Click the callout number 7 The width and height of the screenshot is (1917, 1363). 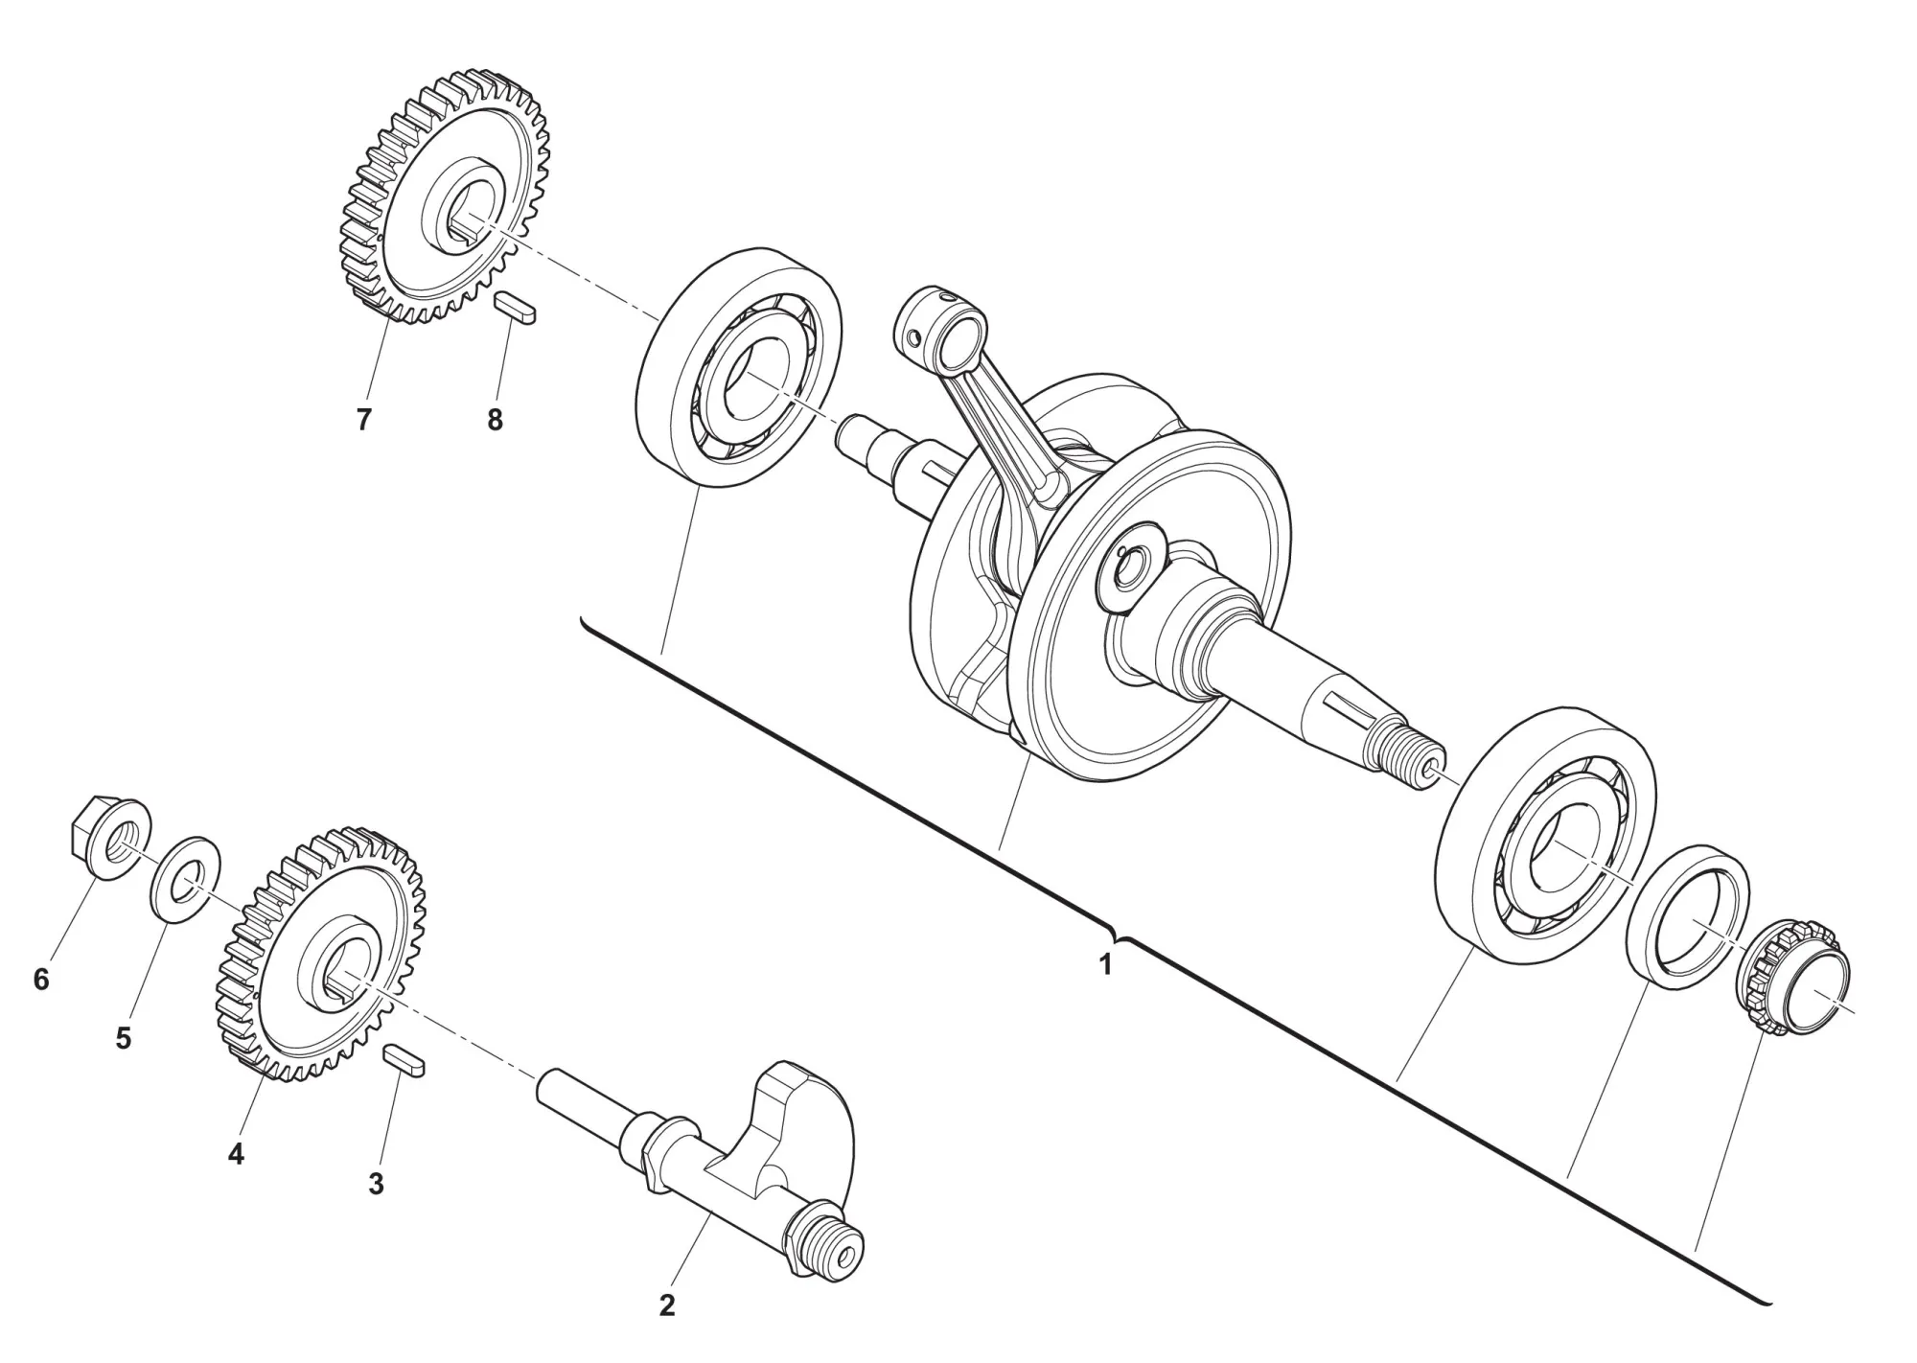tap(363, 420)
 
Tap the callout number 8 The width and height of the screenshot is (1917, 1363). tap(495, 420)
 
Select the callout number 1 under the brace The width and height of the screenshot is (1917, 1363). tap(1105, 965)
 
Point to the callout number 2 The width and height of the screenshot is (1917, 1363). tap(667, 1305)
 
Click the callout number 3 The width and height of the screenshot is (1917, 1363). tap(376, 1184)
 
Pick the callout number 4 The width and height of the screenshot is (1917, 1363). tap(236, 1154)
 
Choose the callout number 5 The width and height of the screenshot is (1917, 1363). tap(124, 1038)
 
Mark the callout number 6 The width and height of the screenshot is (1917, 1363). tap(41, 980)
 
